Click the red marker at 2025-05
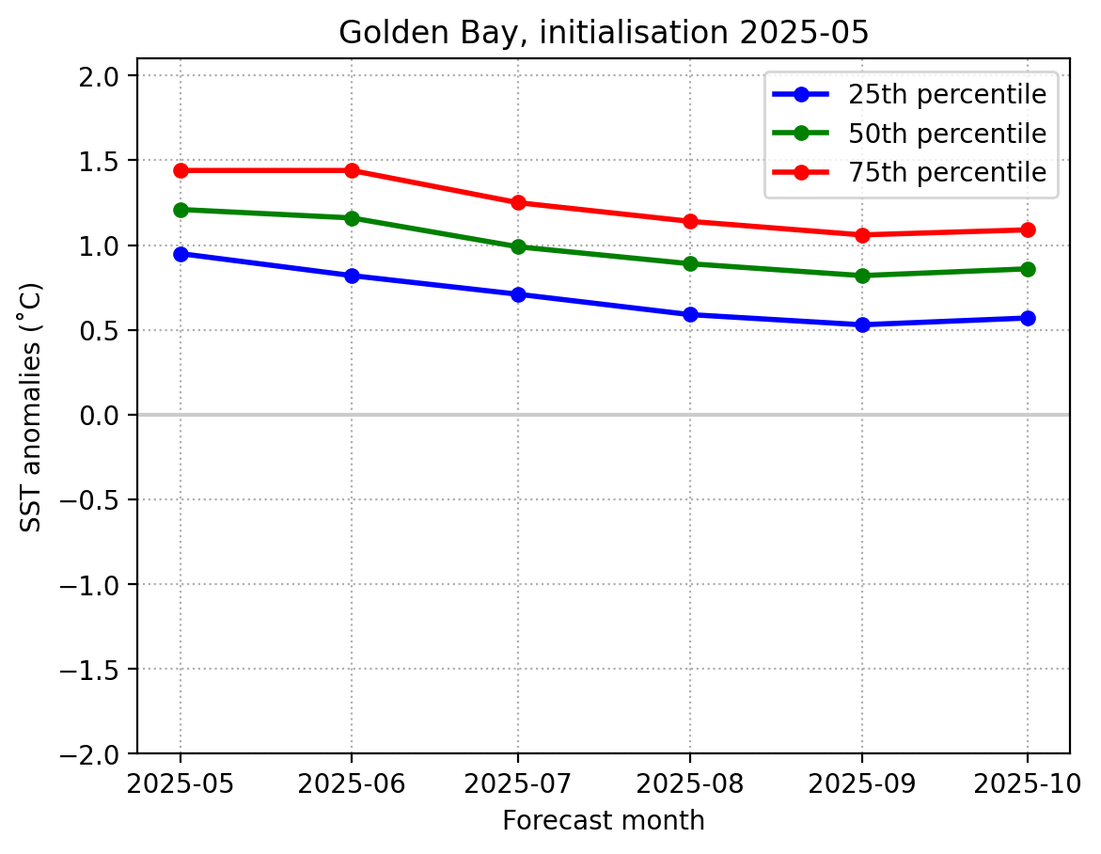tap(181, 170)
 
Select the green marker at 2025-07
tap(518, 246)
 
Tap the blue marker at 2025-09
tap(862, 324)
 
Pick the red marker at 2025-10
tap(1027, 229)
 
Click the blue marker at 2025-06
tap(352, 276)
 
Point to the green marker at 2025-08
tap(690, 263)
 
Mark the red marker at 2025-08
tap(690, 221)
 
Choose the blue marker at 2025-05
tap(181, 254)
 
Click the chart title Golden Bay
tap(603, 32)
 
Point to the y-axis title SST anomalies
tap(31, 406)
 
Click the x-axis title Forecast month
tap(603, 821)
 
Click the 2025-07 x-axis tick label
tap(518, 783)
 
